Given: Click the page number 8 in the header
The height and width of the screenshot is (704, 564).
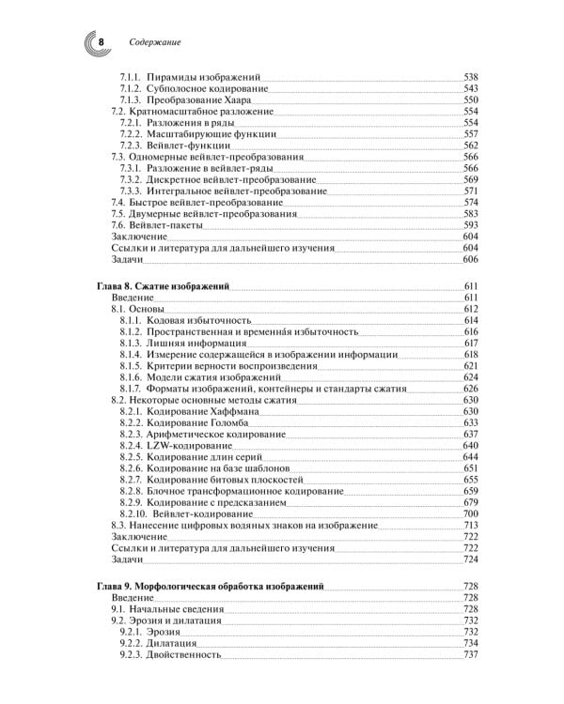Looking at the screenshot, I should tap(102, 42).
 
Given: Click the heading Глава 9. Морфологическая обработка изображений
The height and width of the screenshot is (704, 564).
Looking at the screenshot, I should tap(210, 586).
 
